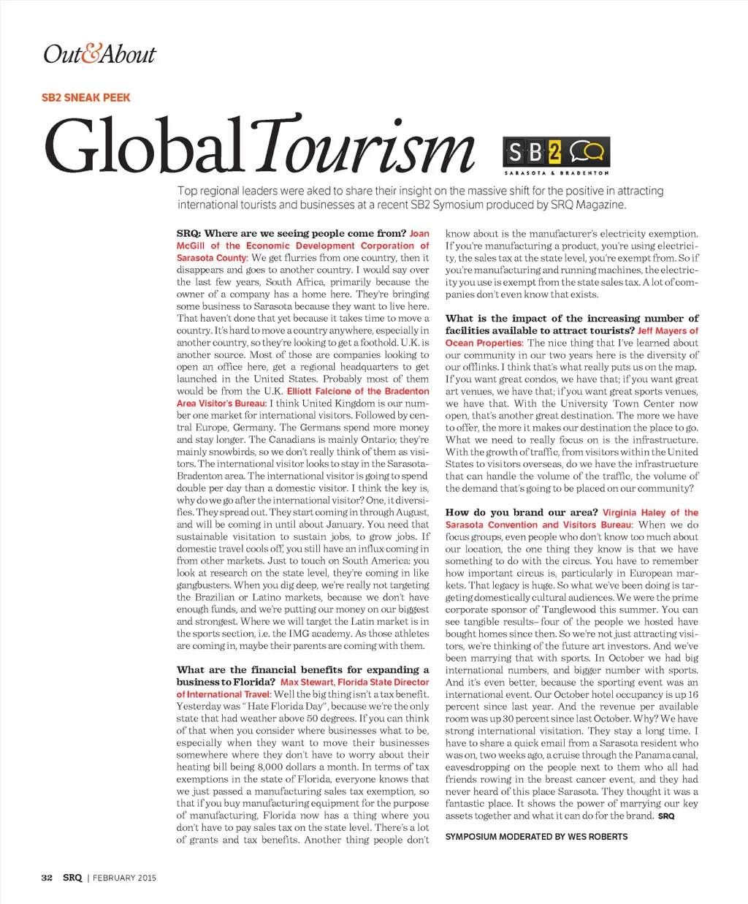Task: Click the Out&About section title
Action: (x=99, y=55)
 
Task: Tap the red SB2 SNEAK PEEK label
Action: (x=86, y=97)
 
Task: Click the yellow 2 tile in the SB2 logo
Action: (x=554, y=152)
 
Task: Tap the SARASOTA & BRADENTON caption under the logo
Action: (x=556, y=173)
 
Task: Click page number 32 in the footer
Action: (x=47, y=878)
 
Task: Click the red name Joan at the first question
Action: (x=419, y=234)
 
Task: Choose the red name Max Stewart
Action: (x=307, y=682)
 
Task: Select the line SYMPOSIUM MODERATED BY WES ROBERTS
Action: (x=536, y=837)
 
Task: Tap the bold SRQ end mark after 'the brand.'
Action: (x=666, y=816)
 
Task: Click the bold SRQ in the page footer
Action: (x=72, y=878)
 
